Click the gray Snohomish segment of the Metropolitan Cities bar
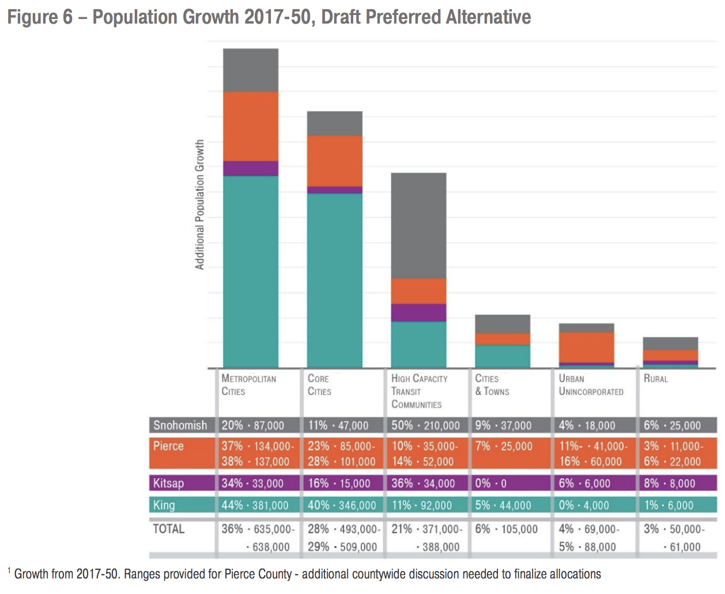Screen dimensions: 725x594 pyautogui.click(x=251, y=70)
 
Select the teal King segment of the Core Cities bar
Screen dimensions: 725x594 pyautogui.click(x=334, y=280)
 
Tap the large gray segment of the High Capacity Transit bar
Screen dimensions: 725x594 pyautogui.click(x=418, y=226)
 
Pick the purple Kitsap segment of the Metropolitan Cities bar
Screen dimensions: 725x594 pyautogui.click(x=251, y=169)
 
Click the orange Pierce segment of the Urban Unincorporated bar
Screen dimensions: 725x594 pyautogui.click(x=586, y=347)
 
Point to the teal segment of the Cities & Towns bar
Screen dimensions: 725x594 pyautogui.click(x=503, y=356)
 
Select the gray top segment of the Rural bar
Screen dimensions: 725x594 pyautogui.click(x=670, y=344)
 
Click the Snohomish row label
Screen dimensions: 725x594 pyautogui.click(x=180, y=425)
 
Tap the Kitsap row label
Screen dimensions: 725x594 pyautogui.click(x=168, y=483)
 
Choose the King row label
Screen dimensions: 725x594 pyautogui.click(x=164, y=505)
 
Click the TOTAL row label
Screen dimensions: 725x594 pyautogui.click(x=168, y=529)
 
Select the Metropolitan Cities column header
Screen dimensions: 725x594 pyautogui.click(x=248, y=384)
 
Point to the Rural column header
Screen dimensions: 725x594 pyautogui.click(x=656, y=379)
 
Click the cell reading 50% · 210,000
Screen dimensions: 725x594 pyautogui.click(x=425, y=425)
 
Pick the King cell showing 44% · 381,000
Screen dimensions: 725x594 pyautogui.click(x=255, y=505)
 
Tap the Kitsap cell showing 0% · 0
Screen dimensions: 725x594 pyautogui.click(x=490, y=483)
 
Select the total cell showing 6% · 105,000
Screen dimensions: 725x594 pyautogui.click(x=506, y=529)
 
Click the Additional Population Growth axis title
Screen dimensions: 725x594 pyautogui.click(x=200, y=204)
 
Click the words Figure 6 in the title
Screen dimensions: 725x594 pyautogui.click(x=40, y=17)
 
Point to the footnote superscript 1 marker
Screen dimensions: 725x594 pyautogui.click(x=9, y=571)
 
